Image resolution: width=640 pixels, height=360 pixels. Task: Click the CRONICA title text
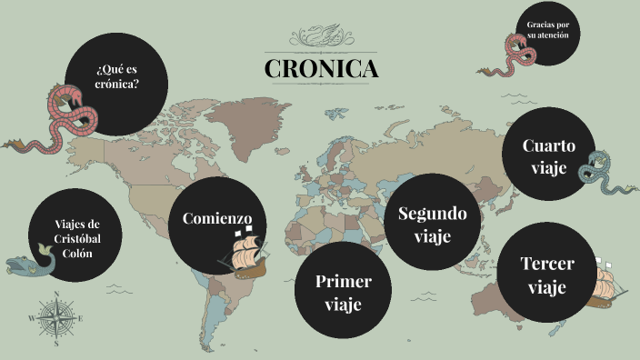pos(321,68)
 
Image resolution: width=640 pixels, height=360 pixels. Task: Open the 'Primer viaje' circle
pos(343,292)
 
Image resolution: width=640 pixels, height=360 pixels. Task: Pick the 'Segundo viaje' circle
pos(433,224)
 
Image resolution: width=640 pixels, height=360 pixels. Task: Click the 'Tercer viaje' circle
pos(546,275)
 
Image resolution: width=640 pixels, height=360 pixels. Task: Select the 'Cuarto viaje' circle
pos(548,155)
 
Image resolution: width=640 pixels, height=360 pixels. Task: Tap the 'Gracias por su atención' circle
pos(547,36)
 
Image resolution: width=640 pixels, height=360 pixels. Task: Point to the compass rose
pos(56,318)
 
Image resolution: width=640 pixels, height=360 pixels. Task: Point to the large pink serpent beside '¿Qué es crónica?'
pos(59,118)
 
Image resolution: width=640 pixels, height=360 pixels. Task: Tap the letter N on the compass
pos(56,294)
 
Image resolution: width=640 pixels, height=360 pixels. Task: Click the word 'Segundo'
pos(433,214)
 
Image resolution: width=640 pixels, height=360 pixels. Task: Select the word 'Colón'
pos(75,254)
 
